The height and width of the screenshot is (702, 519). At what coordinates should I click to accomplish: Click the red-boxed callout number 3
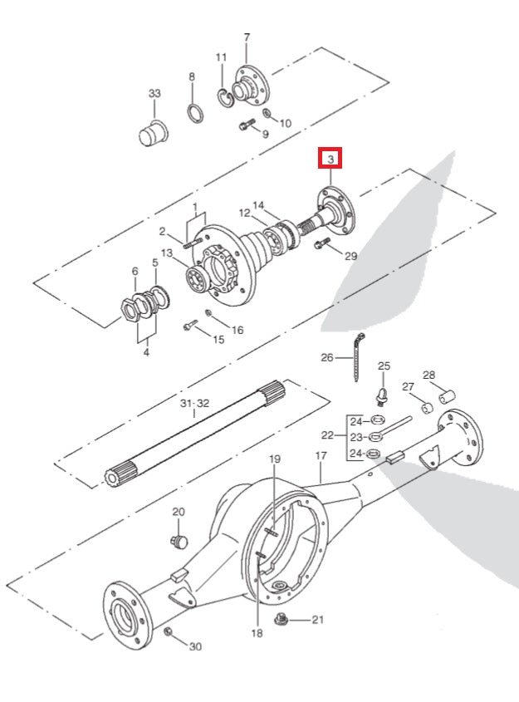pos(330,159)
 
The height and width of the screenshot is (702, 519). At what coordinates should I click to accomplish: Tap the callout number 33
pos(154,94)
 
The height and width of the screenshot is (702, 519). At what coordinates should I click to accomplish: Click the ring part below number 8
pos(195,112)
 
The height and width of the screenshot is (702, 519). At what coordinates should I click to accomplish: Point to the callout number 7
pos(247,37)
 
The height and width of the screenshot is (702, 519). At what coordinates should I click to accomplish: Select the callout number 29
pos(350,257)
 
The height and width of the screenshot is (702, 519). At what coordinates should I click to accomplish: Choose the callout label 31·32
pos(193,403)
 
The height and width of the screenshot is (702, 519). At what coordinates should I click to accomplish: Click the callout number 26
pos(328,358)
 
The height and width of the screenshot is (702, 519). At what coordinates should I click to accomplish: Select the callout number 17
pos(321,456)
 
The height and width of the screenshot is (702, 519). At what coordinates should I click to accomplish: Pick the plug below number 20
pos(177,541)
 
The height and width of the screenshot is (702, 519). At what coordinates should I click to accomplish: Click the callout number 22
pos(327,434)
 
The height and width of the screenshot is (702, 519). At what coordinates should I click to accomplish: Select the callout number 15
pos(219,339)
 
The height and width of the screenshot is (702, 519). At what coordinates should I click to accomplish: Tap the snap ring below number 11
pos(225,98)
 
